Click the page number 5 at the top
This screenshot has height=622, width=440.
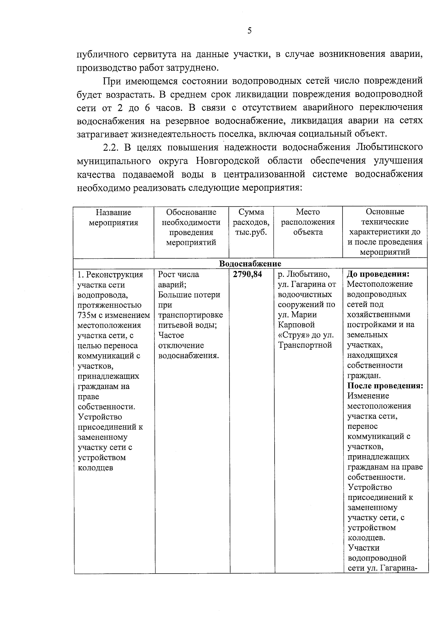(x=249, y=31)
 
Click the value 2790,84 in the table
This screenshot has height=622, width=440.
(x=247, y=274)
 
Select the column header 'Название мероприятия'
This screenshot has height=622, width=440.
(x=113, y=217)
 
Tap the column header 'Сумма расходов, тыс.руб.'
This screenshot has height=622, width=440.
(x=251, y=222)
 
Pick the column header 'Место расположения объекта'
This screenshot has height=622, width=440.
(x=308, y=222)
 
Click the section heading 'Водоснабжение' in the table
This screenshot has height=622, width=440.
(x=250, y=264)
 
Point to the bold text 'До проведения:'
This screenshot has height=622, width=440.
(x=378, y=274)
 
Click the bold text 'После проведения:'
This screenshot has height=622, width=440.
(x=385, y=386)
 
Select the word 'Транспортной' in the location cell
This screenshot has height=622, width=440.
(x=305, y=345)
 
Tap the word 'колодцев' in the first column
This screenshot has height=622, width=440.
(x=95, y=468)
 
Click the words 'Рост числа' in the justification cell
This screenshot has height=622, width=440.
(x=179, y=275)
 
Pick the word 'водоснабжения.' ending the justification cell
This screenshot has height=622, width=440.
(x=188, y=356)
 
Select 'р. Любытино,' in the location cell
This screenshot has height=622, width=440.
(x=304, y=275)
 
